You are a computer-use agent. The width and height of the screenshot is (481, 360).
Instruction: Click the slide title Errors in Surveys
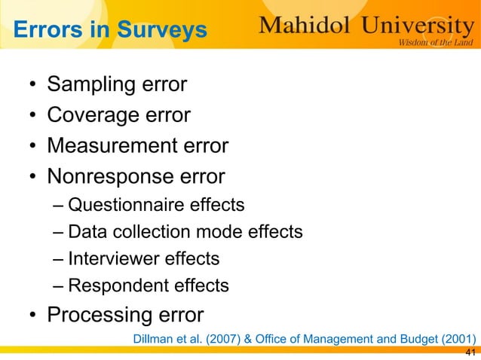(x=110, y=31)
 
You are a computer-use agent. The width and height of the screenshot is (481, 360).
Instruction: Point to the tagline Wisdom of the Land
(x=435, y=42)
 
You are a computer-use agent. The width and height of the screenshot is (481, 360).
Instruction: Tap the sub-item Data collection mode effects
(x=185, y=232)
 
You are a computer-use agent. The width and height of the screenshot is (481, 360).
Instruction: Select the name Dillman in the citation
(x=154, y=337)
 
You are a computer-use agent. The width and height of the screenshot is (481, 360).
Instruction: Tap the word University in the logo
(x=416, y=26)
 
